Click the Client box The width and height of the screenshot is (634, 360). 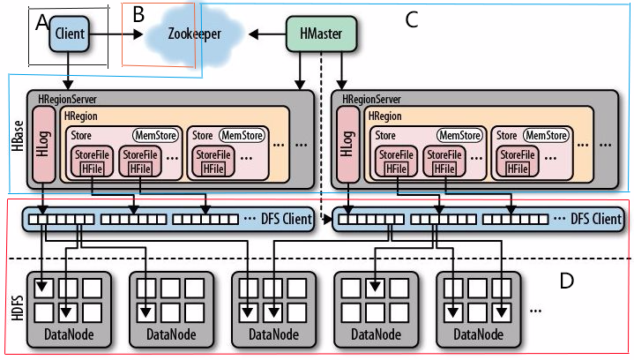[x=68, y=33]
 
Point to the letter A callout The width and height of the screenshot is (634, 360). [x=40, y=25]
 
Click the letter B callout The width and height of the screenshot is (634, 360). [x=138, y=15]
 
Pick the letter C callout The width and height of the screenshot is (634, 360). [x=411, y=17]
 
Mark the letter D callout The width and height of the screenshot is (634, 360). [x=567, y=281]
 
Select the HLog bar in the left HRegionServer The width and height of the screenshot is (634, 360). [x=42, y=146]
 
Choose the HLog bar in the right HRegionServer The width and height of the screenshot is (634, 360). [x=346, y=146]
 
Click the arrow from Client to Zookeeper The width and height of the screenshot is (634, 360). [x=115, y=34]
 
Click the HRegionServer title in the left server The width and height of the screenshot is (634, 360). [x=71, y=99]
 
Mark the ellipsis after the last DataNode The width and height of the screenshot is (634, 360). [x=536, y=311]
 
